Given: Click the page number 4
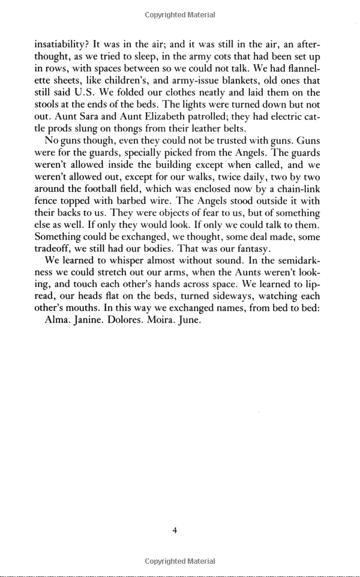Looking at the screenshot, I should click(174, 530).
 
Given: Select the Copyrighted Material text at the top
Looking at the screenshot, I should click(180, 15).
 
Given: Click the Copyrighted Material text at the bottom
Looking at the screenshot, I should click(180, 561).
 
